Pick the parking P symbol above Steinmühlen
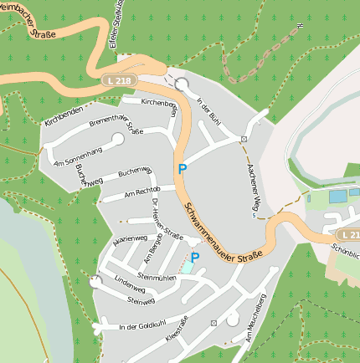pos(195,258)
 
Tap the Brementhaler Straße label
pos(116,125)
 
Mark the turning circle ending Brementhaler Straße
pos(117,138)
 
